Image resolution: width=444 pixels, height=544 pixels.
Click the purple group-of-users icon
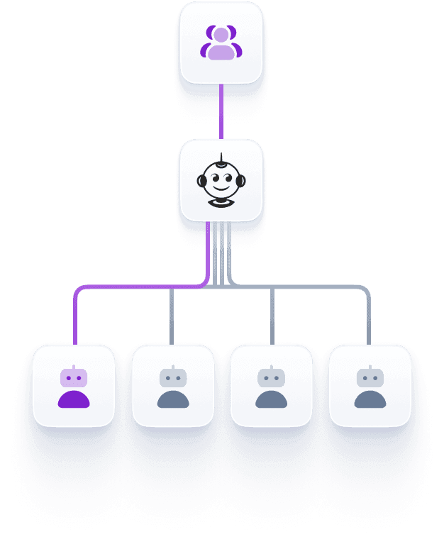(x=221, y=43)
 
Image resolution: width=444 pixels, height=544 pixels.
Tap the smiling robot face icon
(x=221, y=181)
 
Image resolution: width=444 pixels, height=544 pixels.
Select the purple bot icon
(x=74, y=387)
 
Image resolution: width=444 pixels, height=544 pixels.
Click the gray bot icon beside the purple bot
(x=173, y=387)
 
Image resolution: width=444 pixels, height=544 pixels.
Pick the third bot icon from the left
(x=271, y=387)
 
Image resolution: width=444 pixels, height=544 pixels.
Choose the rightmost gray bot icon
(x=370, y=387)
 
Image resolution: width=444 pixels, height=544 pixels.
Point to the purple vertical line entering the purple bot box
(x=74, y=319)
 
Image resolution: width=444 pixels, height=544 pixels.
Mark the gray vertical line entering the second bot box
(x=171, y=316)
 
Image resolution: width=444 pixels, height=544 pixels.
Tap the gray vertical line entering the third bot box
(x=272, y=316)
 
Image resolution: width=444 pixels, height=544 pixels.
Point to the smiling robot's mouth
(x=221, y=191)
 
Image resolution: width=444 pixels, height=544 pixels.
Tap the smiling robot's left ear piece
(x=201, y=181)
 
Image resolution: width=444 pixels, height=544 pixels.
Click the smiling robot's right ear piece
(x=241, y=181)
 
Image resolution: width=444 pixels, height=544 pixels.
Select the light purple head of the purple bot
(x=74, y=377)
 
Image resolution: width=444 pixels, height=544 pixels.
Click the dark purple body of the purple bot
(x=74, y=399)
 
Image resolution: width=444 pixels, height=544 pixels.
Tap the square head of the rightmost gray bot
(x=370, y=377)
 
